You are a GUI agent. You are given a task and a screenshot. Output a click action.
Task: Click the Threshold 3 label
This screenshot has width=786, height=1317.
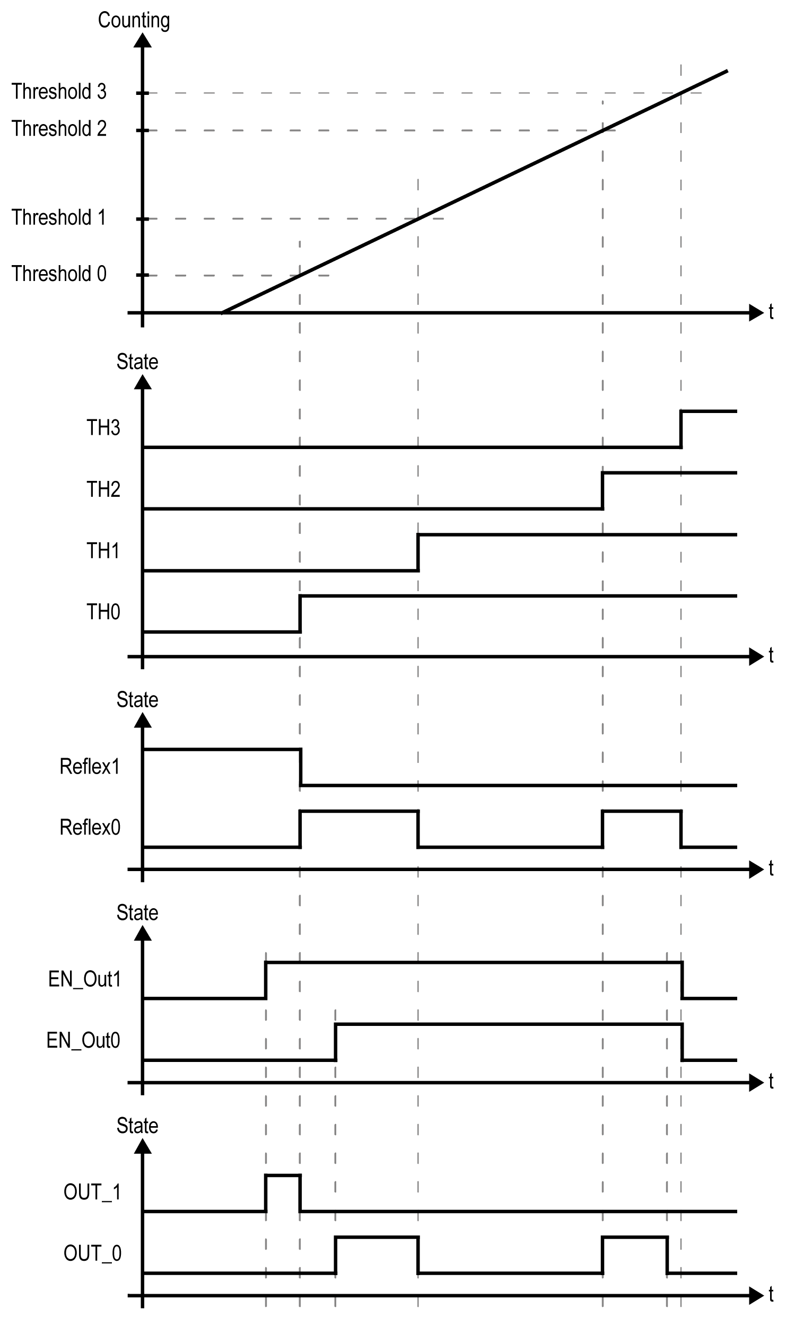click(59, 92)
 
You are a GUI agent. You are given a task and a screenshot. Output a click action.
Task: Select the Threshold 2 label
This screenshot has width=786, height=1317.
click(59, 129)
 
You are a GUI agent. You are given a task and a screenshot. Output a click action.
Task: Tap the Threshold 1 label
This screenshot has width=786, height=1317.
click(59, 217)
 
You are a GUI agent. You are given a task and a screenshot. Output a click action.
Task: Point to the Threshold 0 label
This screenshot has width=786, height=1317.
click(59, 274)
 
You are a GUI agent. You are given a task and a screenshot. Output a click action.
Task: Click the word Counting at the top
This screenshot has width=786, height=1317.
click(134, 21)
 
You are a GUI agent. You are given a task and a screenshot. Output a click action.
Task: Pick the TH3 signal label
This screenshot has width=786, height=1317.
click(103, 428)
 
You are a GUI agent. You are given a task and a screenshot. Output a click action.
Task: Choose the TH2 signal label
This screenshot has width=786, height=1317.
click(103, 489)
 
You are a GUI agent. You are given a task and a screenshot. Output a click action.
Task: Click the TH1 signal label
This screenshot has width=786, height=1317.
click(103, 551)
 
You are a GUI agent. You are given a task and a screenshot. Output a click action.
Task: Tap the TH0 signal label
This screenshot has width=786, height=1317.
click(103, 612)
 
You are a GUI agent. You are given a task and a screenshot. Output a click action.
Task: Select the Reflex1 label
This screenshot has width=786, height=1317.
click(90, 767)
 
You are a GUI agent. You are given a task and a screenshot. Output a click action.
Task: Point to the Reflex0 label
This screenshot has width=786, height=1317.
click(90, 828)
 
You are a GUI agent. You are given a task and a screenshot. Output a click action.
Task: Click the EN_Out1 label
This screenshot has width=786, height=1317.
click(85, 980)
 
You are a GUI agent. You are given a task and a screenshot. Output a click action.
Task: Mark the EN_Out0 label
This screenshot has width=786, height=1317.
click(84, 1041)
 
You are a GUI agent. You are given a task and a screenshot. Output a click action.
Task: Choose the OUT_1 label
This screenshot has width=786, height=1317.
click(92, 1192)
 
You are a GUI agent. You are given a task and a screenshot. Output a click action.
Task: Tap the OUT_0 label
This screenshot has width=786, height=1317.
click(92, 1253)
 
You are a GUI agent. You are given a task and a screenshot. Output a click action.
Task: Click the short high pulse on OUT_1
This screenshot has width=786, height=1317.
click(283, 1175)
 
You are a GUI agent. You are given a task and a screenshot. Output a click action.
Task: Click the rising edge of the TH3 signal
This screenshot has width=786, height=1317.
click(681, 429)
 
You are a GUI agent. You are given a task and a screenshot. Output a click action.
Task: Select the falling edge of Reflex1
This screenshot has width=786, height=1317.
click(301, 767)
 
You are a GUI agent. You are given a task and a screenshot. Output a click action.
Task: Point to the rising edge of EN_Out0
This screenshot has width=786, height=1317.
click(335, 1042)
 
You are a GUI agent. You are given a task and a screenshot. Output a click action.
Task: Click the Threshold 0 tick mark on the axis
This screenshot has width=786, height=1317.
click(142, 275)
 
